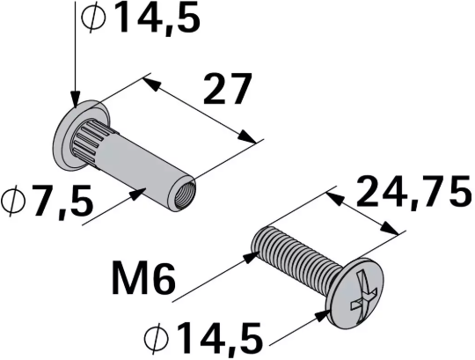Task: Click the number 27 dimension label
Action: (227, 90)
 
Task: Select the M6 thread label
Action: (144, 281)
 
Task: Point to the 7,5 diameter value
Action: (62, 203)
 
